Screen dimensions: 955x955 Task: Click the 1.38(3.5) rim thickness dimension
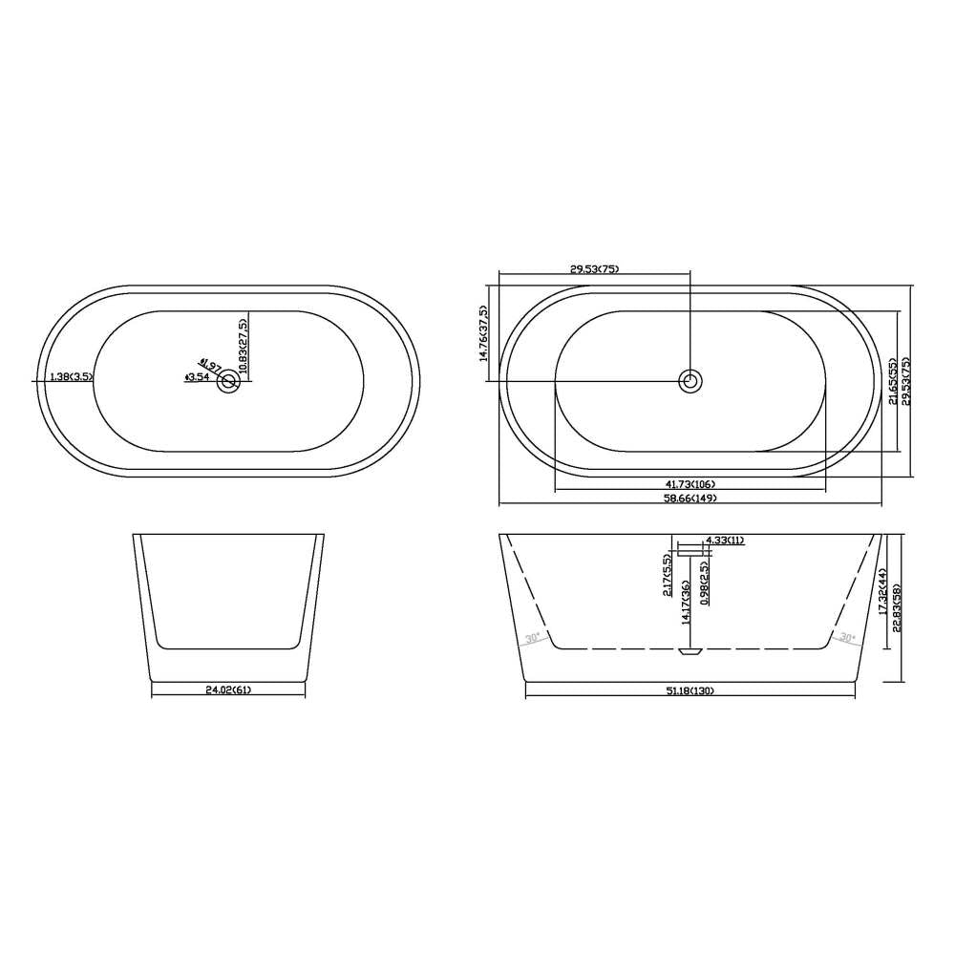[64, 377]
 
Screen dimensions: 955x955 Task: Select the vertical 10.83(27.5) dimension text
[244, 345]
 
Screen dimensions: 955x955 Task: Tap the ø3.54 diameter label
[197, 378]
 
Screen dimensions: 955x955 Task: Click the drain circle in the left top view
[228, 382]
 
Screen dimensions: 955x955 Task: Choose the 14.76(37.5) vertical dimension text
[485, 334]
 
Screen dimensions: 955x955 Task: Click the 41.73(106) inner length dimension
[690, 483]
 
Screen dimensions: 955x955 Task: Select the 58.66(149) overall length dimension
[690, 498]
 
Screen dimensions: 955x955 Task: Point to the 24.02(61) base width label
[228, 690]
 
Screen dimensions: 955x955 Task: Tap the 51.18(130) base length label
[690, 690]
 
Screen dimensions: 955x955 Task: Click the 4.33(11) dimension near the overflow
[724, 541]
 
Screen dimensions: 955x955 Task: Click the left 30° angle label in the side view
[533, 638]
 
